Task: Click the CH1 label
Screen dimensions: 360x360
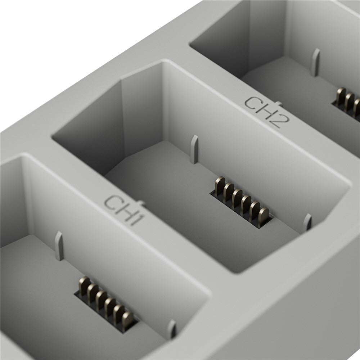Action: [124, 210]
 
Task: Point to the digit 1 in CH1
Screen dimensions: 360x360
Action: [137, 220]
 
